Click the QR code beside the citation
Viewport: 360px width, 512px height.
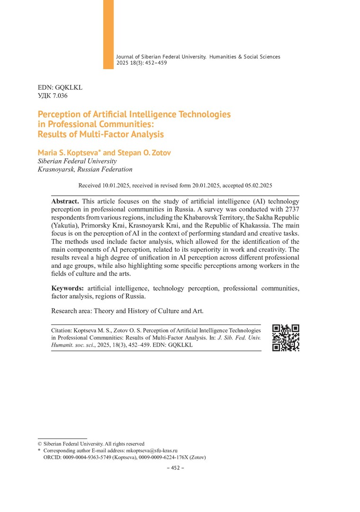[286, 338]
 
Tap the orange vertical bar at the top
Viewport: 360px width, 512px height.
[108, 34]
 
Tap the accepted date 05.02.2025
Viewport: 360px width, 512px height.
[256, 186]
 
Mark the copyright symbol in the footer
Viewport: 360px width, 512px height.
[39, 444]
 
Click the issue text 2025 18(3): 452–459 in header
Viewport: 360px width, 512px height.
[142, 63]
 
